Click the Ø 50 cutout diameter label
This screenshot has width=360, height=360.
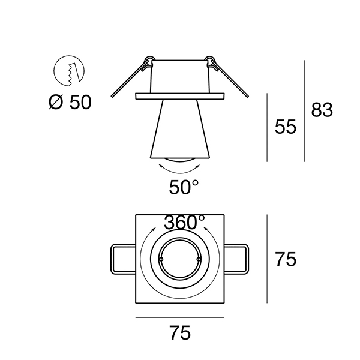coord(70,103)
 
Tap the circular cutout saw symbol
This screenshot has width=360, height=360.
coord(69,71)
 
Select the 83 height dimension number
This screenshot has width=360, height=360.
coord(322,110)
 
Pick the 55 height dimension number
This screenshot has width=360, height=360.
coord(286,127)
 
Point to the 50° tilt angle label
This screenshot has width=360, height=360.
coord(184,187)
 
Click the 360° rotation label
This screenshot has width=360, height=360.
coord(184,222)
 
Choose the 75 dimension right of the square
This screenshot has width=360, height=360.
coord(286,259)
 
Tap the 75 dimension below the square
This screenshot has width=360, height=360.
coord(180,333)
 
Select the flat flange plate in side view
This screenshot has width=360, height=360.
coord(180,96)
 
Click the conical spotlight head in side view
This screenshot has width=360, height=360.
coord(180,129)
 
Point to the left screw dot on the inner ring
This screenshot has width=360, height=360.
coord(161,259)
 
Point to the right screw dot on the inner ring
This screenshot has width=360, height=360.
coord(199,259)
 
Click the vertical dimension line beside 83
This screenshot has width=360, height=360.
coord(305,111)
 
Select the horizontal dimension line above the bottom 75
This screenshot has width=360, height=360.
coord(180,318)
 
